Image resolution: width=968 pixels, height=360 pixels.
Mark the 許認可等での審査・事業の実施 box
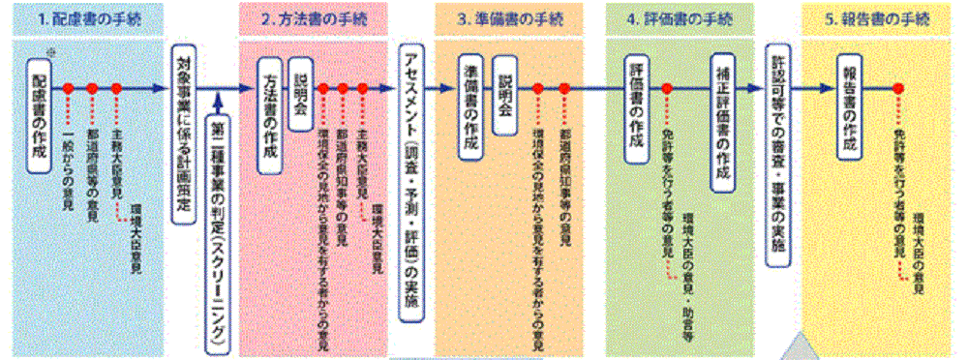tap(777, 155)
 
